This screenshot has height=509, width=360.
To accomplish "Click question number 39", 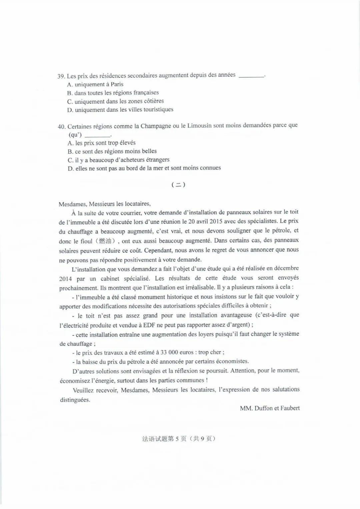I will (x=61, y=76).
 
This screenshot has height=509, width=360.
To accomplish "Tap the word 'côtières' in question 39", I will (x=153, y=101).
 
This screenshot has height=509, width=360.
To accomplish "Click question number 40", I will (x=61, y=127).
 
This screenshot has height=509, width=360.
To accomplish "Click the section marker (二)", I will (x=178, y=184).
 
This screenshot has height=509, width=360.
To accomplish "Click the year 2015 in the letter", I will (x=216, y=221).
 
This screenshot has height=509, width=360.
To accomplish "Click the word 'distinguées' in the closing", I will (x=75, y=400).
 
